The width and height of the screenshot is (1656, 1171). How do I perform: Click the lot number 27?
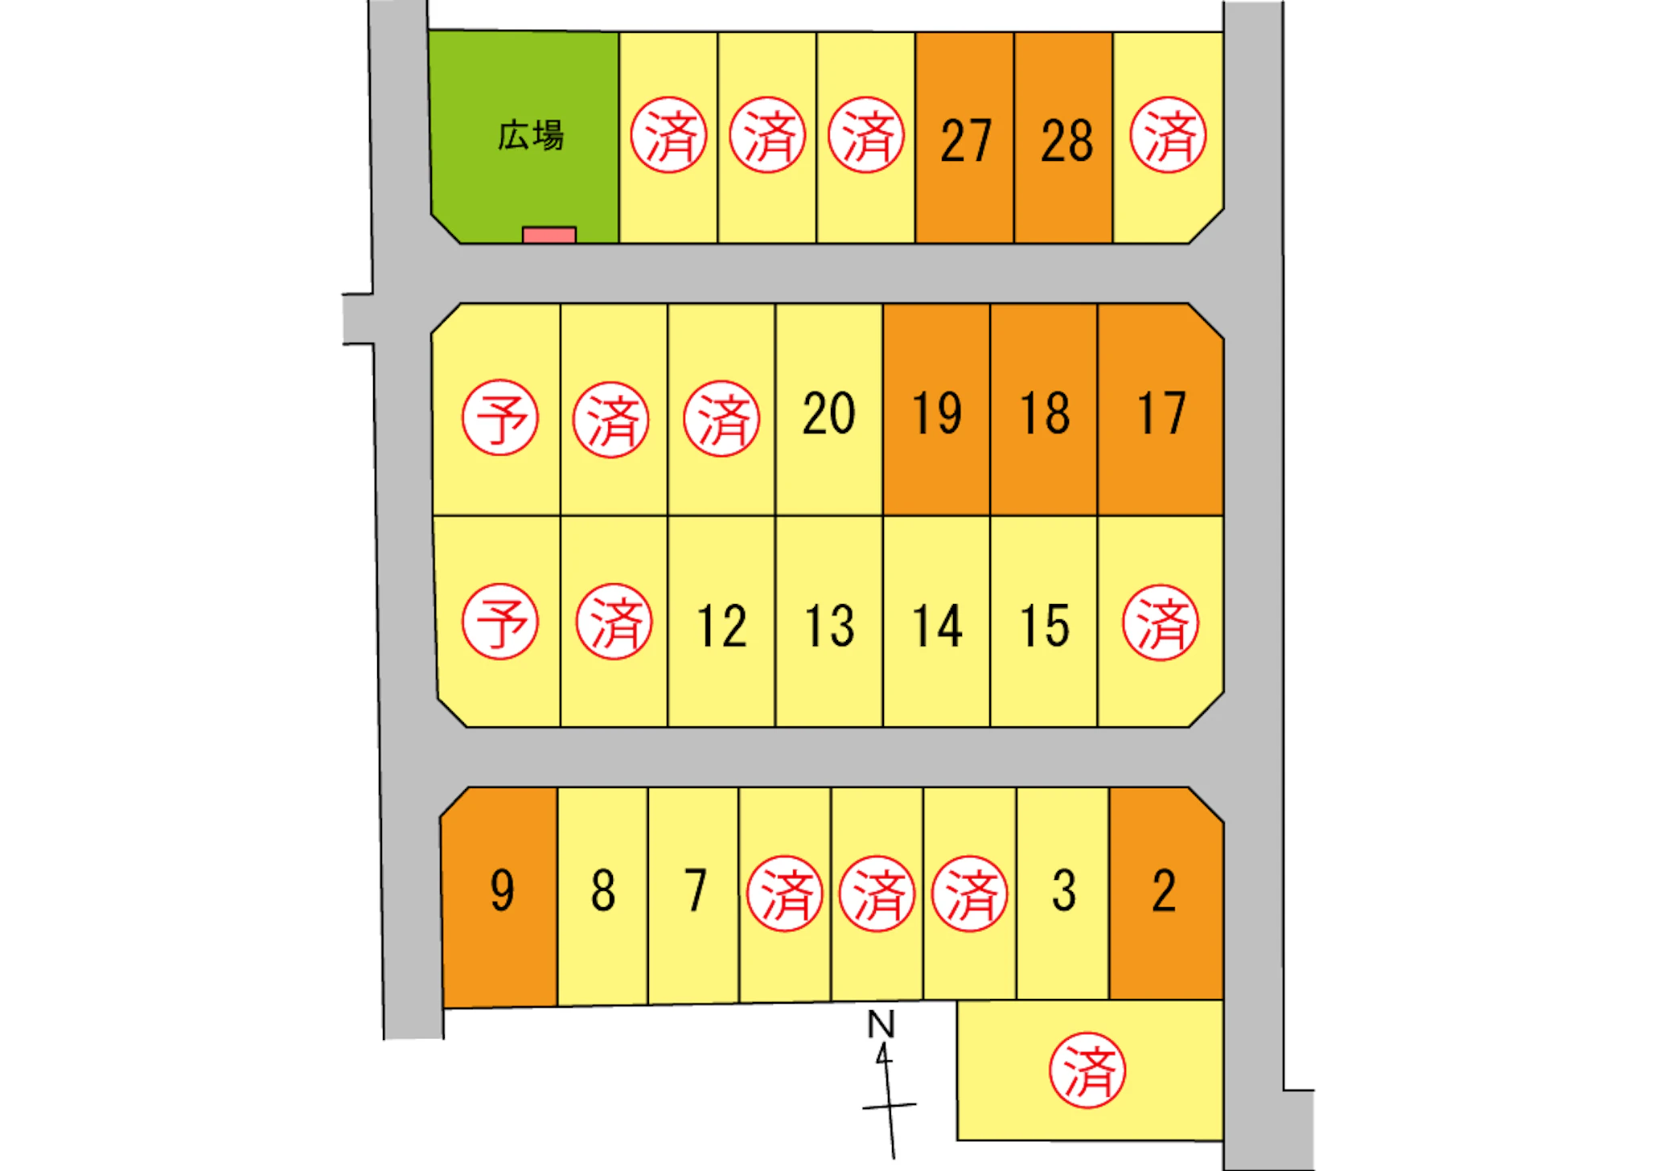(966, 141)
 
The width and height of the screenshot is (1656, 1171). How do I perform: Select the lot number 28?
(1066, 141)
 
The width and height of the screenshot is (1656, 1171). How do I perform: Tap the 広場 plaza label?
(531, 135)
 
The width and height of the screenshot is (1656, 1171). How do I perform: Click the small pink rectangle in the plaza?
(549, 235)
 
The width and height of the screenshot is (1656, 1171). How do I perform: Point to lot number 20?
(828, 413)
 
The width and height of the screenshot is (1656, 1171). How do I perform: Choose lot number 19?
(936, 413)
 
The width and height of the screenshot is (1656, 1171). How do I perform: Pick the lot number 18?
(1044, 413)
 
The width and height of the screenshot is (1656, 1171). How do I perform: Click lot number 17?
(1161, 413)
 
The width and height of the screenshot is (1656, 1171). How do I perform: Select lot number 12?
(721, 626)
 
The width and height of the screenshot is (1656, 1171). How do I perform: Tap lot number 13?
(829, 626)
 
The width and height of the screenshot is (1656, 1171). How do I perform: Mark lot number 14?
(937, 626)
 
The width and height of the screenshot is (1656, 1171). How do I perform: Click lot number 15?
(1045, 626)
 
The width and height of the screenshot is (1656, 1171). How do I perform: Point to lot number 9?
(502, 890)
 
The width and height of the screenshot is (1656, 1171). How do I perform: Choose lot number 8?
(603, 890)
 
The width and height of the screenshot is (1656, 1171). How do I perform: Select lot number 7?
(695, 890)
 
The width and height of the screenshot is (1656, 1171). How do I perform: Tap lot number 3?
(1064, 890)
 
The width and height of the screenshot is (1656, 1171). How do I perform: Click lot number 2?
(1164, 890)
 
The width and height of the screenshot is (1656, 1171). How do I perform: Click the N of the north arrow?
(881, 1025)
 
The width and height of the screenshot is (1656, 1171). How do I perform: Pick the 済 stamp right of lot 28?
(1168, 135)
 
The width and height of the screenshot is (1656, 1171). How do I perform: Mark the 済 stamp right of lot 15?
(1161, 622)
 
